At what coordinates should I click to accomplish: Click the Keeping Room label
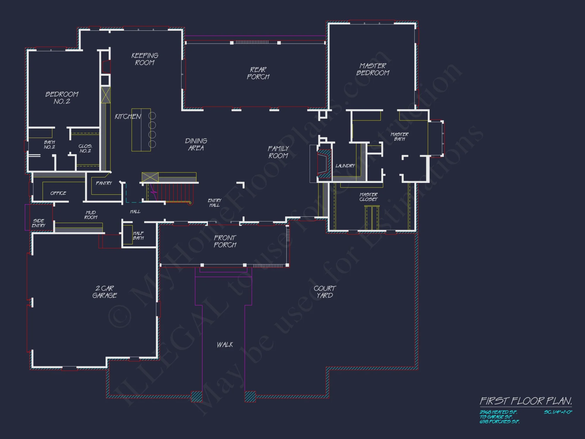pos(145,59)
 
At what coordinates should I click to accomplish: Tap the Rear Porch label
pos(258,73)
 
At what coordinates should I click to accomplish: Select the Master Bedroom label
pos(373,69)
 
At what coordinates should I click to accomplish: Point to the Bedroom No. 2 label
pos(62,98)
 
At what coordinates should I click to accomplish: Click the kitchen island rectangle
pos(141,130)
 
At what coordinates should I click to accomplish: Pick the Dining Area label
pos(196,145)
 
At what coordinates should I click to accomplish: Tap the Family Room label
pos(278,152)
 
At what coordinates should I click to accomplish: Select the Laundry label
pos(345,166)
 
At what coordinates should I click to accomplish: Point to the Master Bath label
pos(400,137)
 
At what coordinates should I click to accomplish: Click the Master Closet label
pos(369,197)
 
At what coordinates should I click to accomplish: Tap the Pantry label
pos(104,183)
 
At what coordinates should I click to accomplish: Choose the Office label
pos(58,193)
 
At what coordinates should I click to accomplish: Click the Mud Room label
pos(91,215)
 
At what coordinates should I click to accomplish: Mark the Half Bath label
pos(138,236)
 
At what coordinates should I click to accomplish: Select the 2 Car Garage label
pos(105,292)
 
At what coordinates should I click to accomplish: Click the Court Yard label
pos(325,292)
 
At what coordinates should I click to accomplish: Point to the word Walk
pos(225,345)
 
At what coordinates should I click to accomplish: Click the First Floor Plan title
pos(526,401)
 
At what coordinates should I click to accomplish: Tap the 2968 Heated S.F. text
pos(498,412)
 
